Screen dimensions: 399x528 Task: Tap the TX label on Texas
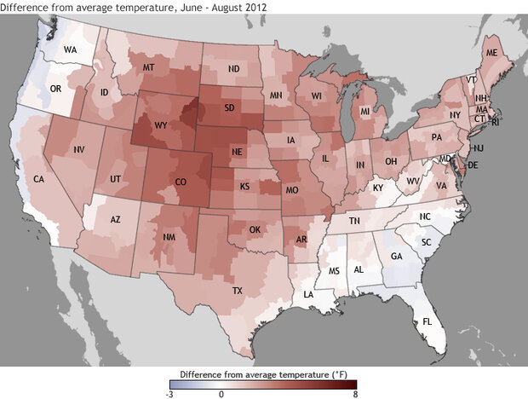[x=238, y=291]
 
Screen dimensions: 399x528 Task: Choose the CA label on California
[x=38, y=179]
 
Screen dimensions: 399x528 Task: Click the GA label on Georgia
[x=396, y=256]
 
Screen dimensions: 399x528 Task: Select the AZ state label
[x=116, y=219]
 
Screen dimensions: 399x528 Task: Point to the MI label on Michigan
[x=364, y=112]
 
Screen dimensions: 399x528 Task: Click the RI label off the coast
[x=498, y=122]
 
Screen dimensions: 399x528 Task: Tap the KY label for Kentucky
[x=378, y=187]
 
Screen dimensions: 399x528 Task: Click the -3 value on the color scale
[x=169, y=394]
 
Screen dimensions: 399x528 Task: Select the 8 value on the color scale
[x=354, y=394]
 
